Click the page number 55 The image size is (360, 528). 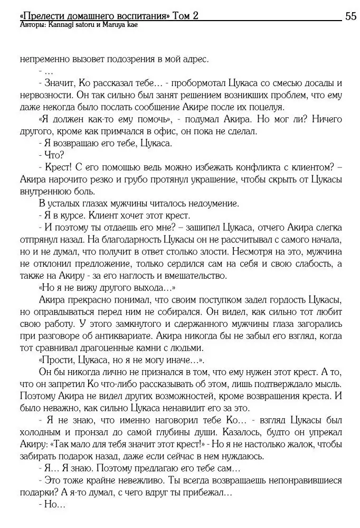click(x=350, y=16)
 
